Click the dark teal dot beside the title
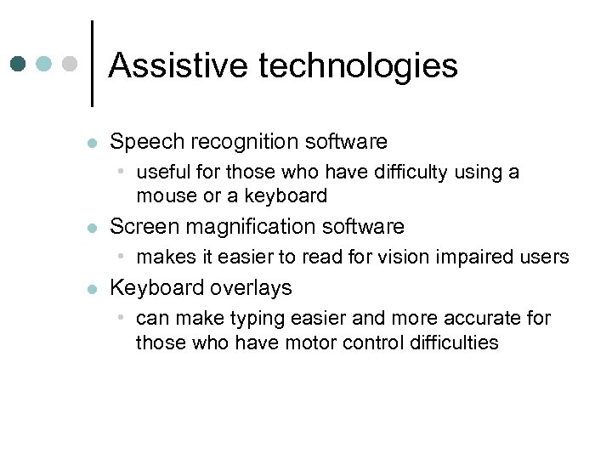click(x=19, y=64)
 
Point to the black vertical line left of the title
click(x=92, y=64)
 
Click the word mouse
click(x=164, y=196)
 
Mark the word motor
click(x=312, y=343)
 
